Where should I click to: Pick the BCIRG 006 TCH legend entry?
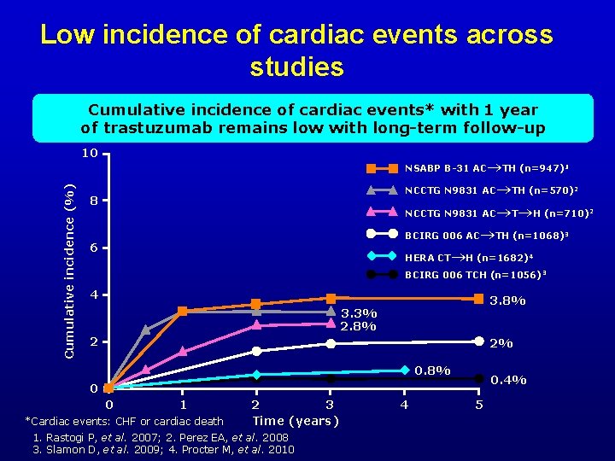point(476,275)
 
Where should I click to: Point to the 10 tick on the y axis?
point(89,155)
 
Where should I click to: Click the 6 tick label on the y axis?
point(93,248)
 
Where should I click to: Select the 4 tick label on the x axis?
point(404,404)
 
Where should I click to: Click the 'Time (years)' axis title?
point(296,420)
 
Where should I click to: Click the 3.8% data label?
point(507,301)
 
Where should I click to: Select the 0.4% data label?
point(508,380)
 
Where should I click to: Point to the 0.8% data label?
point(432,371)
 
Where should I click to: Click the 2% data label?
point(501,343)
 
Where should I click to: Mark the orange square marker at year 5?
point(479,299)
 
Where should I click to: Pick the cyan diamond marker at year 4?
point(405,371)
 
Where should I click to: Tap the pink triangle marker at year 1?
point(183,351)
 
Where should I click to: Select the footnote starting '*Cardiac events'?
point(125,421)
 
